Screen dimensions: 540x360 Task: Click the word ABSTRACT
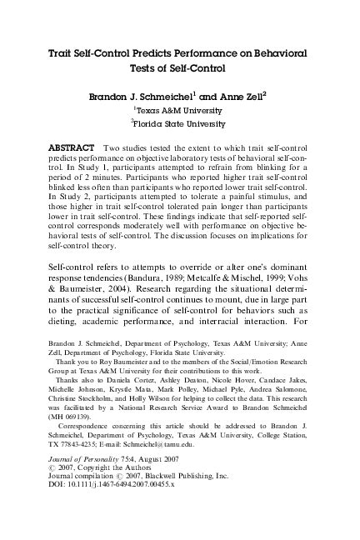tap(76, 146)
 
